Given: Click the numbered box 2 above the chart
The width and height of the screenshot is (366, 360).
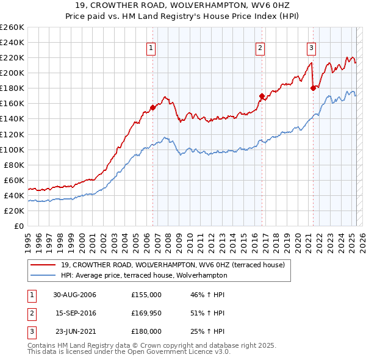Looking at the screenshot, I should [x=260, y=49].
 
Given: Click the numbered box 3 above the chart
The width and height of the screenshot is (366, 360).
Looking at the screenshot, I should [x=311, y=49].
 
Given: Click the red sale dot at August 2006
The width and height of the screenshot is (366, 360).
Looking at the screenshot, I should [x=153, y=107].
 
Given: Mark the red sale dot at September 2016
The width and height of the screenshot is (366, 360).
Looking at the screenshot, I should [x=262, y=96].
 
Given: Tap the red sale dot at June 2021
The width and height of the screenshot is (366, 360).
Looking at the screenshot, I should [x=313, y=88].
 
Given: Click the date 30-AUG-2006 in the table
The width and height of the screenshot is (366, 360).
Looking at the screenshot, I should [x=75, y=295].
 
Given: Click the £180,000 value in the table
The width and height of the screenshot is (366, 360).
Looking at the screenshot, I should [x=146, y=331].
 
